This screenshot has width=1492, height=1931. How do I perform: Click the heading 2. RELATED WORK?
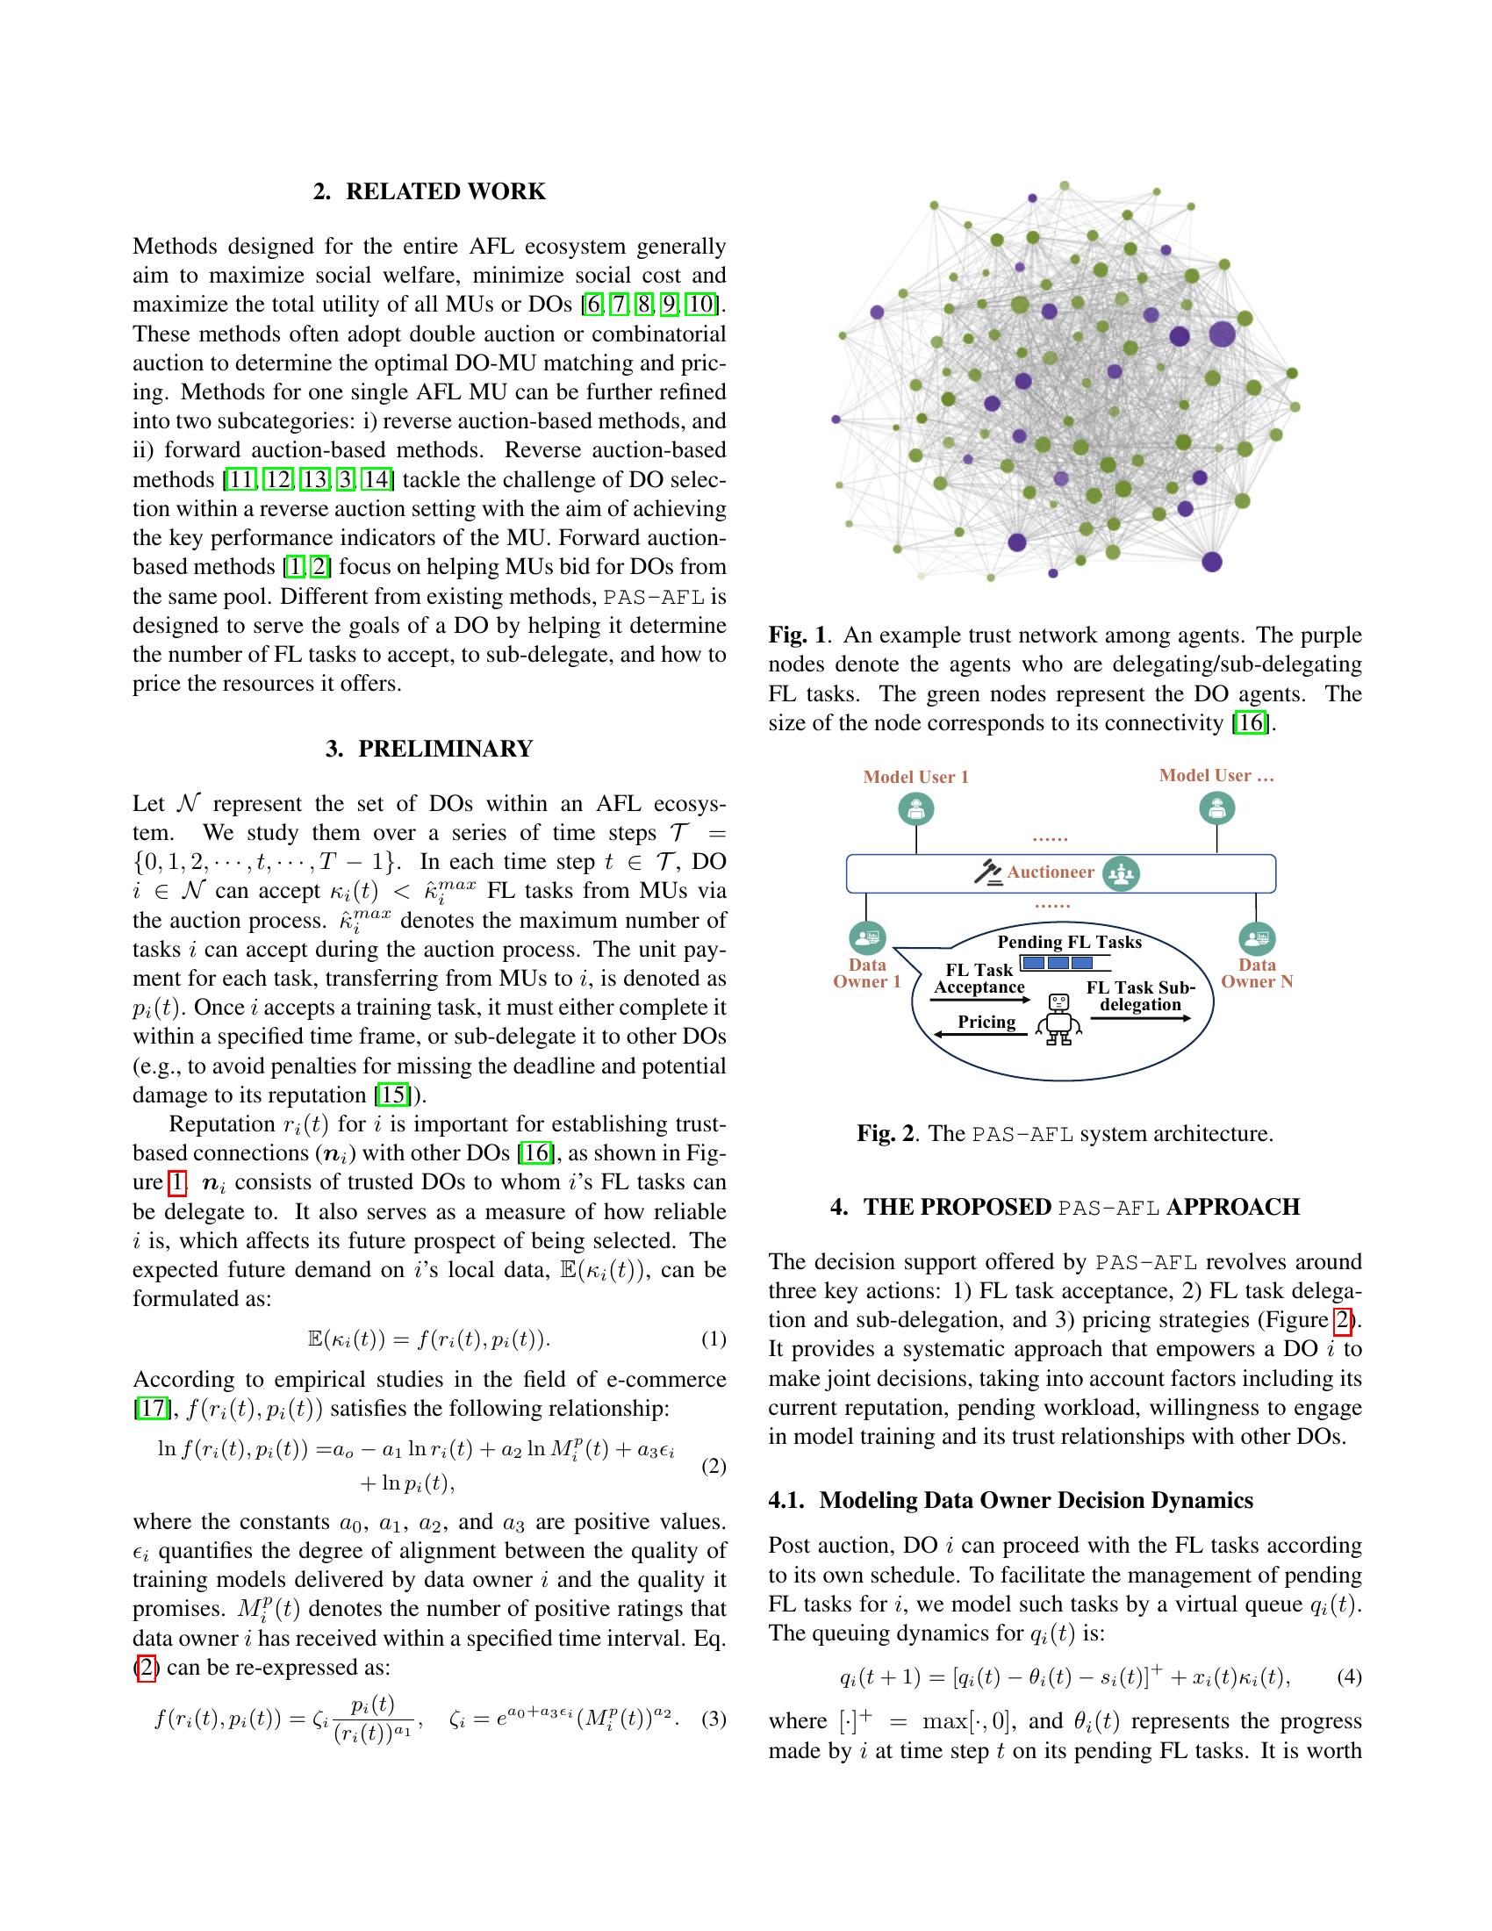click(428, 192)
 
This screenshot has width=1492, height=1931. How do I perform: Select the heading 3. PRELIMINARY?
click(428, 749)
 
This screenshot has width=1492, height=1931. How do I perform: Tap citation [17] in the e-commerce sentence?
click(150, 1409)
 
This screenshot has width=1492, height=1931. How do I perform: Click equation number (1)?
click(714, 1339)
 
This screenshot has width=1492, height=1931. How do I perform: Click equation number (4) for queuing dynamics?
click(1349, 1676)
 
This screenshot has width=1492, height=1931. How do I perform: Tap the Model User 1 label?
click(915, 777)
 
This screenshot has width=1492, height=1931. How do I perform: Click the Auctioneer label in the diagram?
click(1050, 872)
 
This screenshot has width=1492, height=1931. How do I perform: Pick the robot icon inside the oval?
click(1058, 1018)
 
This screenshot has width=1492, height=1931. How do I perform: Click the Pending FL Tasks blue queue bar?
click(1056, 962)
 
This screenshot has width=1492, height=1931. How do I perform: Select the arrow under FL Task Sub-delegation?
click(1140, 1019)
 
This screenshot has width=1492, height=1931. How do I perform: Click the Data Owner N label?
click(1256, 973)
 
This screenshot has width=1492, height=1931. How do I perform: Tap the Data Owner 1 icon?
click(867, 937)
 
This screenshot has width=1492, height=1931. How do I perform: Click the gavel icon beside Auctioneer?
click(987, 872)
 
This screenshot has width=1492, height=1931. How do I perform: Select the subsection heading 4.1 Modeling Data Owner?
click(1010, 1500)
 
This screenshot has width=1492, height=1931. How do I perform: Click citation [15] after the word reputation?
click(392, 1095)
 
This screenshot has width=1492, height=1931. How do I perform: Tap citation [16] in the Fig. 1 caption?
click(1250, 723)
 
